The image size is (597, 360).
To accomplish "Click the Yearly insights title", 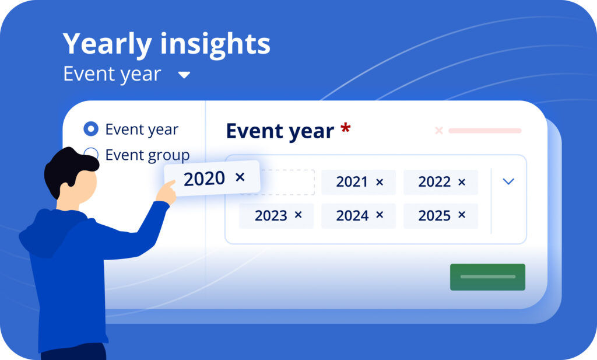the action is pos(166,44).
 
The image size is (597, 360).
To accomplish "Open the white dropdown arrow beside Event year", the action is pos(184,75).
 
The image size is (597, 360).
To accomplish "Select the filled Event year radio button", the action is pos(91,129).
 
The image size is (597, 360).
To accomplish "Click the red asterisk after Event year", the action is pos(345,128).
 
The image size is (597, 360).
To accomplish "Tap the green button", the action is pos(487,277).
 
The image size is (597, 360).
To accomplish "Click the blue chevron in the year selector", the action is pos(508,181).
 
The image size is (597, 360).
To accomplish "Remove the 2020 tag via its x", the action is pos(240,177).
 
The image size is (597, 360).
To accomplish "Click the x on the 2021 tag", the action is pos(380,182).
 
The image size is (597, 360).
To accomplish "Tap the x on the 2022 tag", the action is pos(462,182).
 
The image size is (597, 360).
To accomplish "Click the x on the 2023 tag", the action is pos(298,215).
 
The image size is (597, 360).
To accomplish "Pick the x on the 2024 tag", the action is pos(380,215).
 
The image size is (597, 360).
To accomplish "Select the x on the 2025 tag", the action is pos(462,215).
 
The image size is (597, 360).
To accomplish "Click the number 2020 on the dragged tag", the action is pos(205,179).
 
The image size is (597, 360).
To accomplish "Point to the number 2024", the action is pos(352,216).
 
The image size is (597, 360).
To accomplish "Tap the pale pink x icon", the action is pos(439,131).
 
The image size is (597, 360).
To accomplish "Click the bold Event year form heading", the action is pos(280,131).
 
